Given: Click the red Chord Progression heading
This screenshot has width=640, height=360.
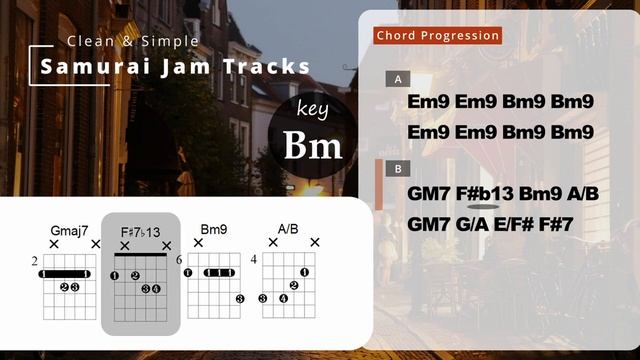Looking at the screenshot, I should [x=437, y=36].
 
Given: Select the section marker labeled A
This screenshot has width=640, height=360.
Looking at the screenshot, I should [x=398, y=79].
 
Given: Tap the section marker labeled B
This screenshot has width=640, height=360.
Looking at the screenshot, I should [x=398, y=169].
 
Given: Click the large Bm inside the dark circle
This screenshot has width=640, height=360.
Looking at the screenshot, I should [x=312, y=146].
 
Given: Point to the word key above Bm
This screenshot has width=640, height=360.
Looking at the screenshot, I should [x=312, y=109].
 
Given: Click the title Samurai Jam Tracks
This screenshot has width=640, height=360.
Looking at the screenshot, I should [x=175, y=67].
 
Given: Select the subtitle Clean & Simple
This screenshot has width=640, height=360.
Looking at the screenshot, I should [x=133, y=41].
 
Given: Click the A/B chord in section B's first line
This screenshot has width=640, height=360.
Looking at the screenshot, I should [x=578, y=194].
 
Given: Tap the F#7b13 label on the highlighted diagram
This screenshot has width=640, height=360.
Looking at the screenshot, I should [x=140, y=231].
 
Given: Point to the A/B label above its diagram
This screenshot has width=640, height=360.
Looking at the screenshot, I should [x=288, y=230].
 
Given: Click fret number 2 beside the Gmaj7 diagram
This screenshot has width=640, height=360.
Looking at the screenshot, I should [x=34, y=261].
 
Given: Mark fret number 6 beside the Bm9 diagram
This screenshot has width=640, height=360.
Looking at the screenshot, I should [x=180, y=261].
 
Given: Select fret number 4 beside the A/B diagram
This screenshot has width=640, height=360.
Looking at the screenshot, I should [x=254, y=261].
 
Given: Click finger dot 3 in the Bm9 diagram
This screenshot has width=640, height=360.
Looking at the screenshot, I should [x=240, y=298].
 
